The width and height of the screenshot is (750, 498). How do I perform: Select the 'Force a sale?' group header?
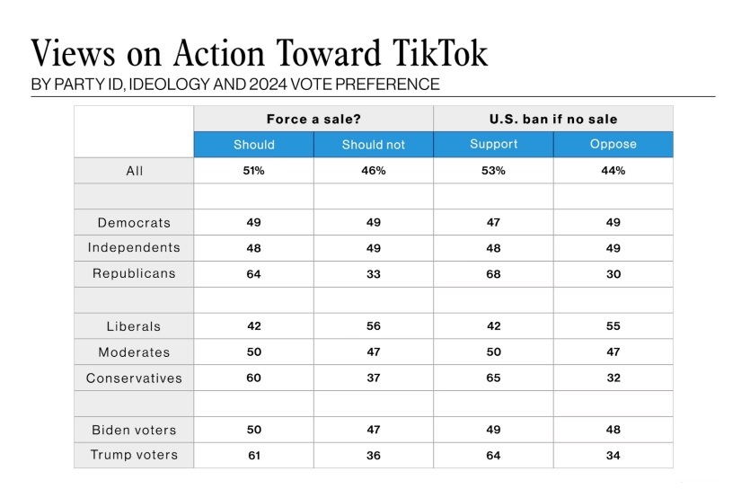(313, 119)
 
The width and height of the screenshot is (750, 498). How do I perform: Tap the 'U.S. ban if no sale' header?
(553, 119)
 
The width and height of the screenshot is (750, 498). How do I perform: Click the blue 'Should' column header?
(253, 145)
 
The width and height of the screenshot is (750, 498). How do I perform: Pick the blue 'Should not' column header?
(374, 145)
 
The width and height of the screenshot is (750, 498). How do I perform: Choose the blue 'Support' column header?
(493, 145)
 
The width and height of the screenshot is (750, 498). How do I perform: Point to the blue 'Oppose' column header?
(613, 145)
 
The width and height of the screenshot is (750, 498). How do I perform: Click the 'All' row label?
(134, 171)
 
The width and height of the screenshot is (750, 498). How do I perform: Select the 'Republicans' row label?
(134, 274)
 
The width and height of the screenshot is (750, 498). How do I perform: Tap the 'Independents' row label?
(134, 248)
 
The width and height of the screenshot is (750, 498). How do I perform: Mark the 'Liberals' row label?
(134, 326)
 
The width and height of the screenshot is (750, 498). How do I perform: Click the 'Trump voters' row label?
(134, 456)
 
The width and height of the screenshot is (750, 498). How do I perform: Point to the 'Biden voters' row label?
(134, 430)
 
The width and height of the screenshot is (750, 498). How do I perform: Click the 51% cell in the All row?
(253, 171)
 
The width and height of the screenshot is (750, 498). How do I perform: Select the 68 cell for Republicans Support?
(493, 274)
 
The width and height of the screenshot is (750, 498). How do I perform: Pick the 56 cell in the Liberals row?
(374, 326)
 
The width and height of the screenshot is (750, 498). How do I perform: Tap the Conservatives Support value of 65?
(493, 378)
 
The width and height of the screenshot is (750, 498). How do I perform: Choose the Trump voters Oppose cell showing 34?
(613, 456)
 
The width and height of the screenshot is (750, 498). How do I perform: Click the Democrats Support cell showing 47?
(493, 222)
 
